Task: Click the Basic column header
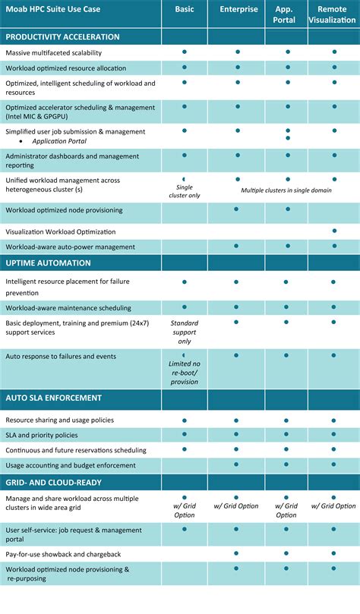[x=184, y=8]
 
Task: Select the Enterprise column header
[x=238, y=8]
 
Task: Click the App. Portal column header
[x=285, y=14]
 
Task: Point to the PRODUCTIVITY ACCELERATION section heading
[x=62, y=36]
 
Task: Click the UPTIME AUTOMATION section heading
[x=48, y=263]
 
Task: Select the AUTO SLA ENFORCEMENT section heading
[x=53, y=398]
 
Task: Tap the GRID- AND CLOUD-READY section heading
[x=53, y=482]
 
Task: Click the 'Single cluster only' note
[x=184, y=191]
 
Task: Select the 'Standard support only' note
[x=184, y=332]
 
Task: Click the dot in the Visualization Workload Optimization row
[x=334, y=230]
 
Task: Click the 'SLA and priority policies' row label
[x=41, y=435]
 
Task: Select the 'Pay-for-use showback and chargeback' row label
[x=64, y=554]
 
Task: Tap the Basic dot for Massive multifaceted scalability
[x=184, y=52]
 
